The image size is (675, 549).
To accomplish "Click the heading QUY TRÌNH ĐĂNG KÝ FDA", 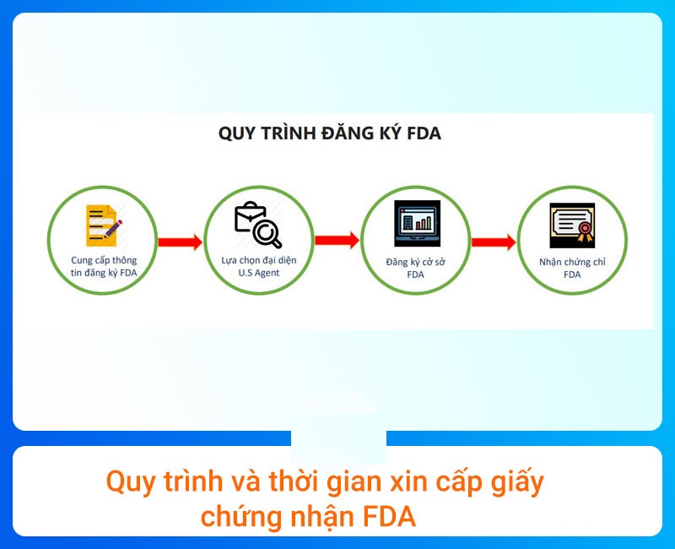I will pos(329,133).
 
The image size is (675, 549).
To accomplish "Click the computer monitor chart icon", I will pos(414,225).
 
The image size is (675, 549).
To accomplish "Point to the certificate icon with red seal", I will pos(571,225).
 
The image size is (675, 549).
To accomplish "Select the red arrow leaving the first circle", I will pos(181,242).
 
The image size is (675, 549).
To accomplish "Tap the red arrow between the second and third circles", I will pos(337,240).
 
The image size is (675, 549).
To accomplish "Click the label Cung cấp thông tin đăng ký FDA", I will pos(103,267).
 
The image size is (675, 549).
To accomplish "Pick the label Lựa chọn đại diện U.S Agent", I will pos(257,267).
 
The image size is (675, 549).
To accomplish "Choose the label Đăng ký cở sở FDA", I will pos(415,268).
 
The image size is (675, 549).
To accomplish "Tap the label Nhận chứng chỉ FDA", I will pos(572,268).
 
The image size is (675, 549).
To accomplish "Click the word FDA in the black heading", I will pos(422,133).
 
